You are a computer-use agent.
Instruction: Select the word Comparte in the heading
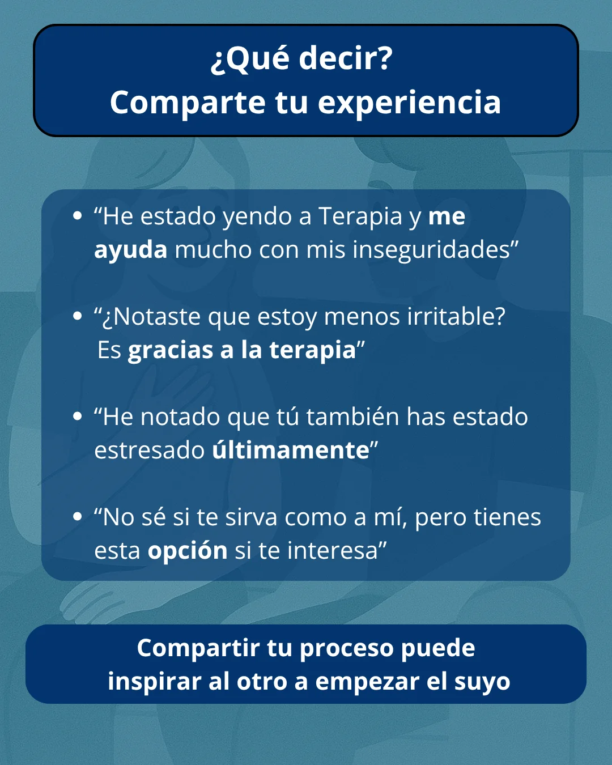[x=188, y=103]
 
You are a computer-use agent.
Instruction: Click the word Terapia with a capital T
[x=360, y=216]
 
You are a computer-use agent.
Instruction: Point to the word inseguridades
[x=431, y=249]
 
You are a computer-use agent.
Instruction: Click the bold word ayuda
[x=131, y=249]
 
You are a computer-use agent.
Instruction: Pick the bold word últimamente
[x=291, y=450]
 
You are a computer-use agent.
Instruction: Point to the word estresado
[x=149, y=450]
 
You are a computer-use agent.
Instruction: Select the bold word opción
[x=188, y=551]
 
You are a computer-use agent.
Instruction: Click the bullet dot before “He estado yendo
[x=78, y=216]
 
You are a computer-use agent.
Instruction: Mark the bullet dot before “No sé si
[x=78, y=517]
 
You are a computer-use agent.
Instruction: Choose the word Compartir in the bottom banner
[x=198, y=648]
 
